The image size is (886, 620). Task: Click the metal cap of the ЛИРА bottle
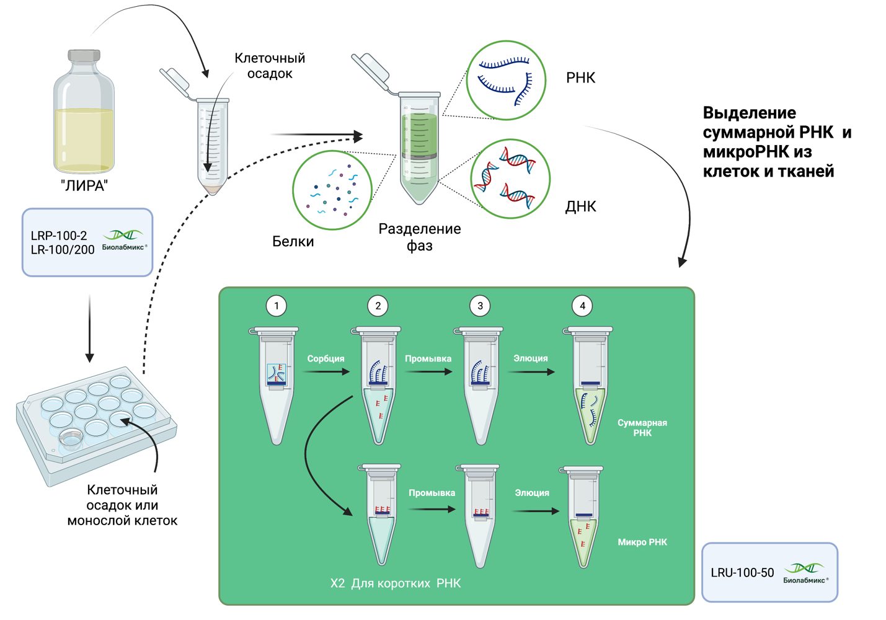coord(84,56)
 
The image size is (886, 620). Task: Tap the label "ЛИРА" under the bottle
coord(84,185)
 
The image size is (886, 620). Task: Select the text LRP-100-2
coord(59,236)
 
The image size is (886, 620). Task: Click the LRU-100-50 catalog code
coord(742,572)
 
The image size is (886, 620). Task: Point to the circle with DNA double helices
coord(510,179)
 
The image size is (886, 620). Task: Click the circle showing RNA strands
coord(506,80)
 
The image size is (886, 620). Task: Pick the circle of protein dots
coord(332,190)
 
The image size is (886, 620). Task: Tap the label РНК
coord(580,77)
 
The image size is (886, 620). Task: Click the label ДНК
coord(580,206)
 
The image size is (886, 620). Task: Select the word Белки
coord(293,241)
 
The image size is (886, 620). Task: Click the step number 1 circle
coord(276,306)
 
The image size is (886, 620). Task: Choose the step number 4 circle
coord(582,306)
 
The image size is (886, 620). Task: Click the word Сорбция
coord(326,358)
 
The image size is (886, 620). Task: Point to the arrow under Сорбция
coord(326,372)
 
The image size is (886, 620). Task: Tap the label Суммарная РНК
coord(642,428)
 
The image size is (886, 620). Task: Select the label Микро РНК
coord(642,542)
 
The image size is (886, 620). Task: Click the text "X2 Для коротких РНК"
coord(396,583)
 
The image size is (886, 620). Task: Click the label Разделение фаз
coord(420,237)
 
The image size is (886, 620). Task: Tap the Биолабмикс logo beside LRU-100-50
coord(805,572)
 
